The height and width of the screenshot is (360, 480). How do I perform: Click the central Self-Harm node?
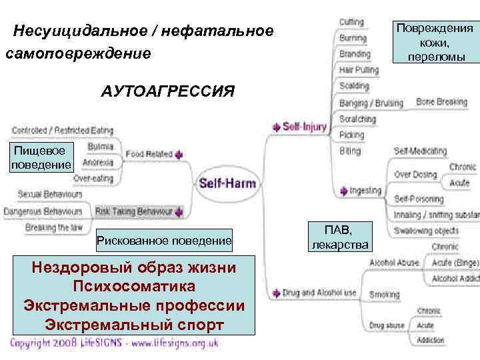[227, 183]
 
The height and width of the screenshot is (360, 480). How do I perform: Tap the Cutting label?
[351, 23]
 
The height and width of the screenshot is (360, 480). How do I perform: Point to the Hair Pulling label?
[359, 69]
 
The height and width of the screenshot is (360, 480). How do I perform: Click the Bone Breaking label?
[441, 102]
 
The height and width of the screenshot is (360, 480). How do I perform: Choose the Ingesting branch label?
[365, 191]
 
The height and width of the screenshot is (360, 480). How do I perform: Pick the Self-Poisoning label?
[419, 199]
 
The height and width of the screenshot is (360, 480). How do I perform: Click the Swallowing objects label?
[426, 231]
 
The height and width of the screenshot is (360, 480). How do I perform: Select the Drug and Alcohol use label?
[319, 293]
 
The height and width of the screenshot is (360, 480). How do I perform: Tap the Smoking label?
[385, 294]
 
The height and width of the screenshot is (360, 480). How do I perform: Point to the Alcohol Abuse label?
[394, 263]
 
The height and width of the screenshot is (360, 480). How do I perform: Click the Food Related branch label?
[149, 154]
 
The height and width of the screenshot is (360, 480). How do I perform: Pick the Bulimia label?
[101, 146]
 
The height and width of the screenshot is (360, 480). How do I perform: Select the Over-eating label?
[93, 178]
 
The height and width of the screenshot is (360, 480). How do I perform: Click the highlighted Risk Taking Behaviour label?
[134, 211]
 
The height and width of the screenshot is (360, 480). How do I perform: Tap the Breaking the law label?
[55, 227]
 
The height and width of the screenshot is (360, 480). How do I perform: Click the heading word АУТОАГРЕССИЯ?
[168, 91]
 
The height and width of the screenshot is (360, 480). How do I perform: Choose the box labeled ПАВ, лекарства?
[340, 237]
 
